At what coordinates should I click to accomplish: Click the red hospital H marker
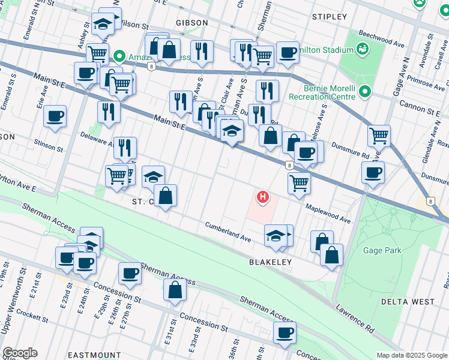(x=262, y=196)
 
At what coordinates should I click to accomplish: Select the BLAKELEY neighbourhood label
(x=270, y=262)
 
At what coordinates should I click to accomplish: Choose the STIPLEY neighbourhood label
(x=330, y=16)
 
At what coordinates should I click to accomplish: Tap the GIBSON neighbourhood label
(x=191, y=22)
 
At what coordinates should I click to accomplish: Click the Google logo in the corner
(x=20, y=353)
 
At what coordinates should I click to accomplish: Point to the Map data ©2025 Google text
(x=412, y=355)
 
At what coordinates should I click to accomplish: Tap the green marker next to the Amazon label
(x=119, y=57)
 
